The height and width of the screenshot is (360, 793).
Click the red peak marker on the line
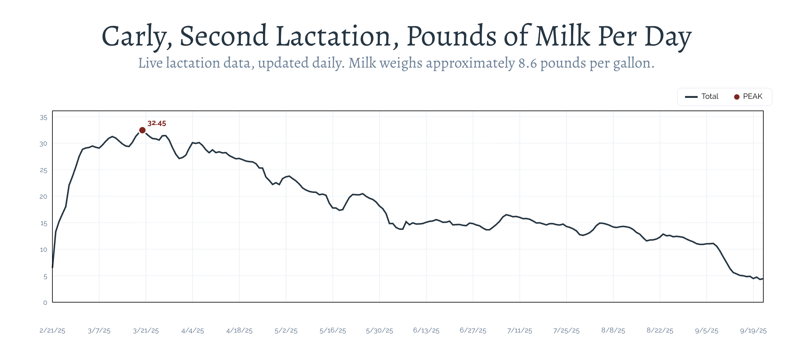(142, 130)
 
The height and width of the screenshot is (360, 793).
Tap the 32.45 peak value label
(157, 123)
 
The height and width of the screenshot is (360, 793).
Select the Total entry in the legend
(710, 97)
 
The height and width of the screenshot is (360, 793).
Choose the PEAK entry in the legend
(752, 97)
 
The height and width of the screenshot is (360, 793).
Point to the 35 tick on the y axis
(44, 118)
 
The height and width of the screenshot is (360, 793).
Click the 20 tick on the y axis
(44, 197)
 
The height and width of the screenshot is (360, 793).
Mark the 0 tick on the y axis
(45, 303)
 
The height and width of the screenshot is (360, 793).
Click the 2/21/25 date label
(52, 331)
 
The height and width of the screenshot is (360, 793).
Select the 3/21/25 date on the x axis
(146, 331)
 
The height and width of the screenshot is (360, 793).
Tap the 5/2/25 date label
(286, 331)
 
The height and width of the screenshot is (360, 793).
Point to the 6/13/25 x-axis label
(426, 331)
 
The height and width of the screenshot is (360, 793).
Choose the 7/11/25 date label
(520, 331)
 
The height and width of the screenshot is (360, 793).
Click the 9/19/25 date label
(753, 331)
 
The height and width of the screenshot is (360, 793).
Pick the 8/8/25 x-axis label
(613, 331)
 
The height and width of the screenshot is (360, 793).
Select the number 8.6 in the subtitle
(528, 63)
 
